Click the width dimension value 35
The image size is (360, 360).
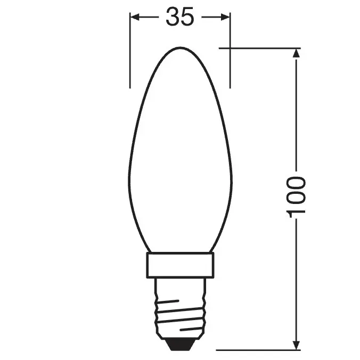[179, 18]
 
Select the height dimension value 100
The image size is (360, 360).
[297, 197]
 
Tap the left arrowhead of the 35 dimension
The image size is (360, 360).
[135, 18]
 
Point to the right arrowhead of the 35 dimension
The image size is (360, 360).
[226, 18]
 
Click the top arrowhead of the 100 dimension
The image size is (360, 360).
[297, 52]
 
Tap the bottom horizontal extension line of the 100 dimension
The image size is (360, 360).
[256, 350]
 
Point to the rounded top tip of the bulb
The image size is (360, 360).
[180, 46]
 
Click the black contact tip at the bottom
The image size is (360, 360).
[180, 345]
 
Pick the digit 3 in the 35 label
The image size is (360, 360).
[172, 18]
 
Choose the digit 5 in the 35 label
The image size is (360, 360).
[187, 18]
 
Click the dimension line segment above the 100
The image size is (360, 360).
[297, 117]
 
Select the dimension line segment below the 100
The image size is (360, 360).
[297, 277]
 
